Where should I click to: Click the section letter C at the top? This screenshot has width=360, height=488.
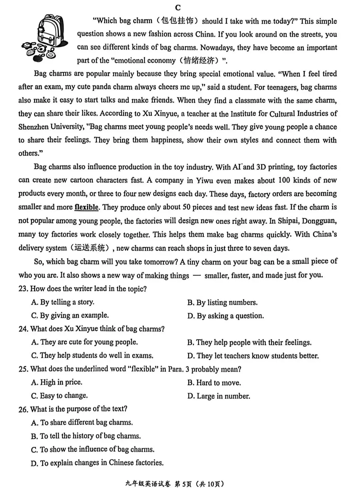[178, 7]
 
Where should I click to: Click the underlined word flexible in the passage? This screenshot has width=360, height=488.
[87, 207]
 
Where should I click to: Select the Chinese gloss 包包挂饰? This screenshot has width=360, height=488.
[177, 21]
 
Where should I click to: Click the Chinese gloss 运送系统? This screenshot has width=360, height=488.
[91, 248]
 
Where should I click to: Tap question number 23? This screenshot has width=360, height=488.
[23, 289]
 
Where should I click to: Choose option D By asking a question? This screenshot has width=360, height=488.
[225, 316]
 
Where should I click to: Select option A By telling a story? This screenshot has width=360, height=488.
[63, 302]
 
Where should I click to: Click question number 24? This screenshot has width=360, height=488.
[23, 329]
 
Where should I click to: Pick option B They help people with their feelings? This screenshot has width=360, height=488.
[249, 343]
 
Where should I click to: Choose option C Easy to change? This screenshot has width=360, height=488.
[59, 396]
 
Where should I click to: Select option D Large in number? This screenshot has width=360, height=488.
[218, 396]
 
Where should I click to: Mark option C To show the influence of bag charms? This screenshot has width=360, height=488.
[93, 449]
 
